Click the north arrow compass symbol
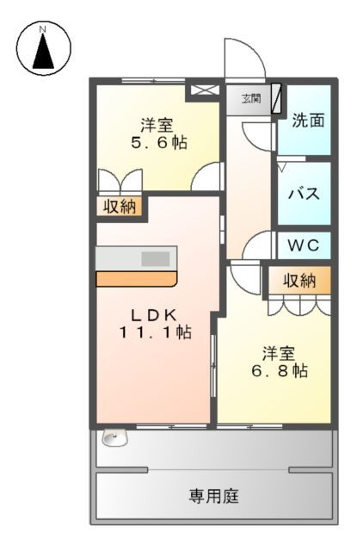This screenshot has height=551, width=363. click(x=42, y=48)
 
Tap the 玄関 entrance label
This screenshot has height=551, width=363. click(x=250, y=97)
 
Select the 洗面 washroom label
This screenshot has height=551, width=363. click(x=307, y=121)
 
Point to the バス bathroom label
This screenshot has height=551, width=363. click(x=304, y=193)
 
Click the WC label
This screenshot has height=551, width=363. click(x=303, y=245)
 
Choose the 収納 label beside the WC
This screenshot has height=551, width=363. click(x=299, y=280)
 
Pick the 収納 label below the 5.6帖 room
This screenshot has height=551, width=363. click(x=120, y=206)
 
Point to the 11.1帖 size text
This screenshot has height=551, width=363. click(x=154, y=332)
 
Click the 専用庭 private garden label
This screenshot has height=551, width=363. click(x=214, y=497)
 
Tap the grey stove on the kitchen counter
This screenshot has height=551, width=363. click(x=155, y=258)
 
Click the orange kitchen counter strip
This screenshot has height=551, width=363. click(x=135, y=279)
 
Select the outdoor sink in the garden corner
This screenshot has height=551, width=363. click(x=110, y=438)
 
